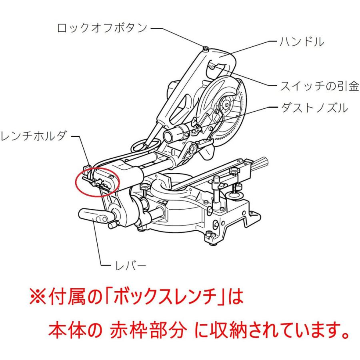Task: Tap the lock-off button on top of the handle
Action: tap(205, 49)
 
